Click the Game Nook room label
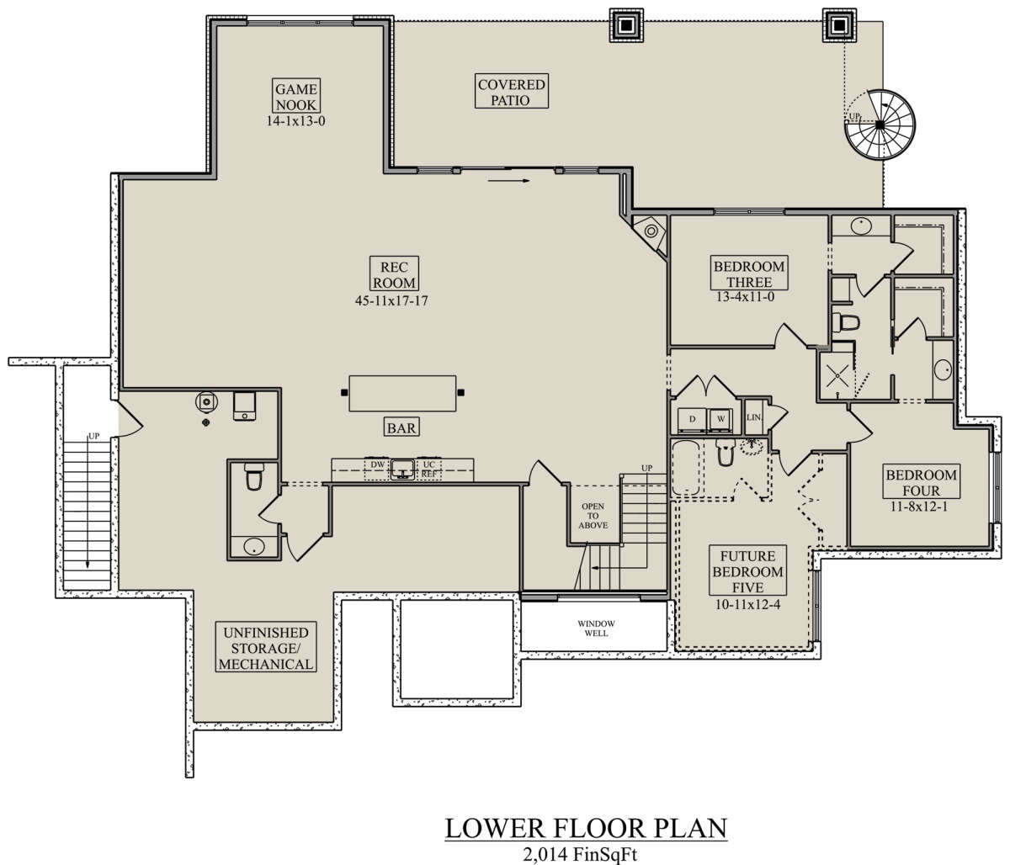click(x=296, y=96)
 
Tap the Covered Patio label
click(x=511, y=92)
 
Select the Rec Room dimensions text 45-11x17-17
click(x=391, y=300)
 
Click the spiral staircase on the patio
click(x=880, y=125)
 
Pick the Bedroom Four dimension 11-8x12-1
click(x=919, y=507)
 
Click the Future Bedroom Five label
click(x=747, y=570)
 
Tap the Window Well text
click(x=596, y=628)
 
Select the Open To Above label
click(x=593, y=516)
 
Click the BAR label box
click(x=401, y=427)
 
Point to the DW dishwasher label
click(x=377, y=464)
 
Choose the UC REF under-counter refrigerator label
click(x=429, y=469)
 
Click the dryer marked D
click(x=692, y=420)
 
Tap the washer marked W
click(x=720, y=420)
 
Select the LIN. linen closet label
click(x=754, y=417)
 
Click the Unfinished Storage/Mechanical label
click(x=266, y=648)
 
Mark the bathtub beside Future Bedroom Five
click(x=686, y=468)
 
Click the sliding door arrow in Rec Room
click(x=508, y=181)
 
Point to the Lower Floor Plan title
click(x=587, y=828)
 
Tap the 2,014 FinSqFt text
click(x=581, y=854)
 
